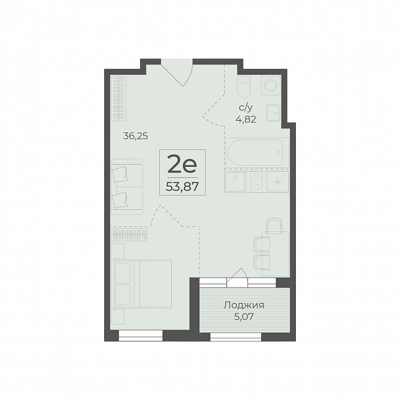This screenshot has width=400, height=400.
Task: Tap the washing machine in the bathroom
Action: point(271,85)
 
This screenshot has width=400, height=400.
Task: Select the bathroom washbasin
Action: point(273,113)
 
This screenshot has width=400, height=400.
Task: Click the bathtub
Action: point(257,153)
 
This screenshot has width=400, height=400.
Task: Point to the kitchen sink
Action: point(235,182)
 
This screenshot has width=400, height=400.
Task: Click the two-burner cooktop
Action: point(256,182)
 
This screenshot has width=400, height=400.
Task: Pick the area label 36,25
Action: point(136,136)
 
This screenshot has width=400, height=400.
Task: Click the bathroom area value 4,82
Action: point(246,119)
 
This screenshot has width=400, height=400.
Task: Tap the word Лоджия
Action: point(244,305)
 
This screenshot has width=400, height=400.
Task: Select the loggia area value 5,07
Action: point(244,317)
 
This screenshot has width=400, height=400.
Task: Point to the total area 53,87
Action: point(182,187)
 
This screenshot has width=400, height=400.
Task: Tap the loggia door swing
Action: point(237,276)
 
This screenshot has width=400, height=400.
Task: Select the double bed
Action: point(142,284)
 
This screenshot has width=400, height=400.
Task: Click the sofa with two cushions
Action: point(127,187)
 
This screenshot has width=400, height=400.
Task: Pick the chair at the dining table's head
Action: point(274,226)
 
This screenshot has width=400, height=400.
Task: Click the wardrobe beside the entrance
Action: point(120,98)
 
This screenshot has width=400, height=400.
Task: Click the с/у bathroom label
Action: point(246,108)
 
